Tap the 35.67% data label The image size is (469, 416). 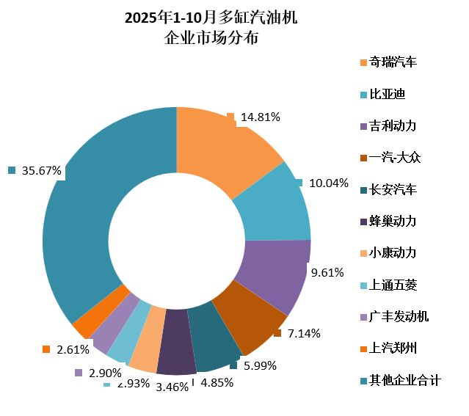pyautogui.click(x=41, y=170)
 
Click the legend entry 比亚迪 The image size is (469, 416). pyautogui.click(x=388, y=94)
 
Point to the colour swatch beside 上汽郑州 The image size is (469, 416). pyautogui.click(x=364, y=349)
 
